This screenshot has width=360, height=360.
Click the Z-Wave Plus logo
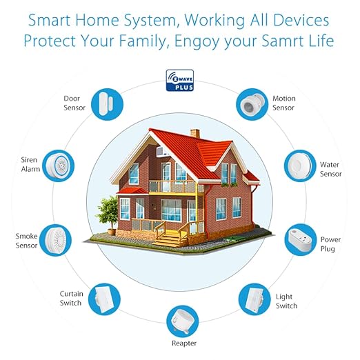click(180, 80)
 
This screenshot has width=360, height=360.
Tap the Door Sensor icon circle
click(107, 104)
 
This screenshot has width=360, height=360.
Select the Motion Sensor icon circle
click(252, 104)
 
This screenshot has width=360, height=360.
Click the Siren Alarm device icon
click(59, 166)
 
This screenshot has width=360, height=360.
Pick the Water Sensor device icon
click(300, 166)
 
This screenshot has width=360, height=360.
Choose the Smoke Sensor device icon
click(55, 240)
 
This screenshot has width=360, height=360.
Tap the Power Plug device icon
click(301, 240)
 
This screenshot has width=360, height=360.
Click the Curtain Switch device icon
click(104, 299)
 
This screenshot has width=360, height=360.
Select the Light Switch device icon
click(254, 299)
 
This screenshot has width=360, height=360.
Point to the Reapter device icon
click(182, 321)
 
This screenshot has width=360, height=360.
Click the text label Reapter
click(184, 343)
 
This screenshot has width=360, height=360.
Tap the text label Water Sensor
click(330, 169)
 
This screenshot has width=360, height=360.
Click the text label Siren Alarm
click(30, 164)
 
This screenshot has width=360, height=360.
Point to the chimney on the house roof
click(195, 133)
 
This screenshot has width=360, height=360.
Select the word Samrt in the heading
click(286, 41)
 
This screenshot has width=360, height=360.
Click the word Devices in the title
click(301, 20)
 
